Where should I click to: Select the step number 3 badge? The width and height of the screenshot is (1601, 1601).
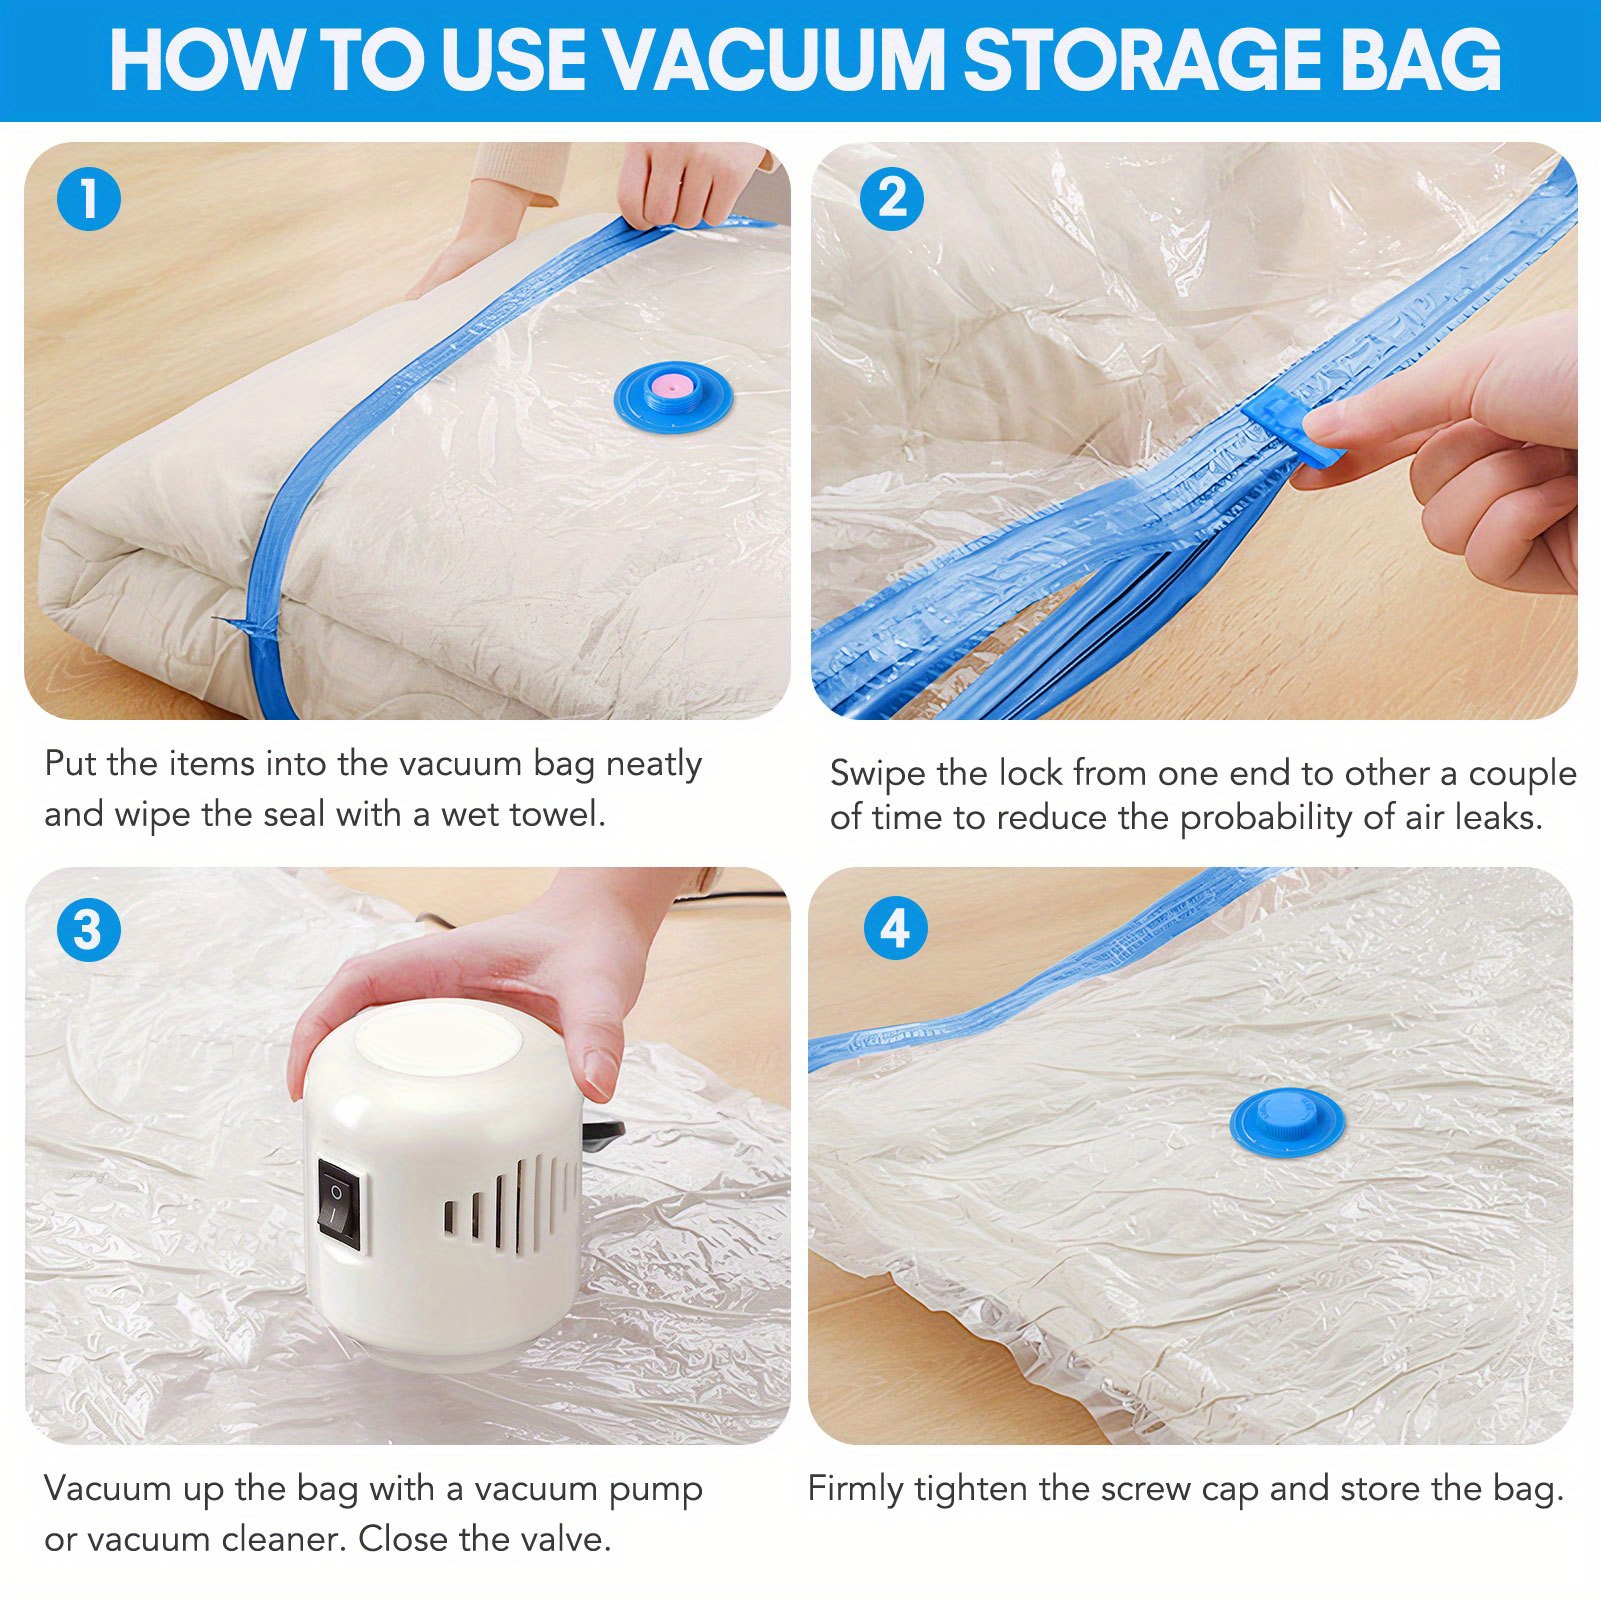coord(89,930)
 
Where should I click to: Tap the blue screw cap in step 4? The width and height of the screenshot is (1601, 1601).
coord(1287,1120)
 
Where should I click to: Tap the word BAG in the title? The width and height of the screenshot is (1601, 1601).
coord(1421,60)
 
